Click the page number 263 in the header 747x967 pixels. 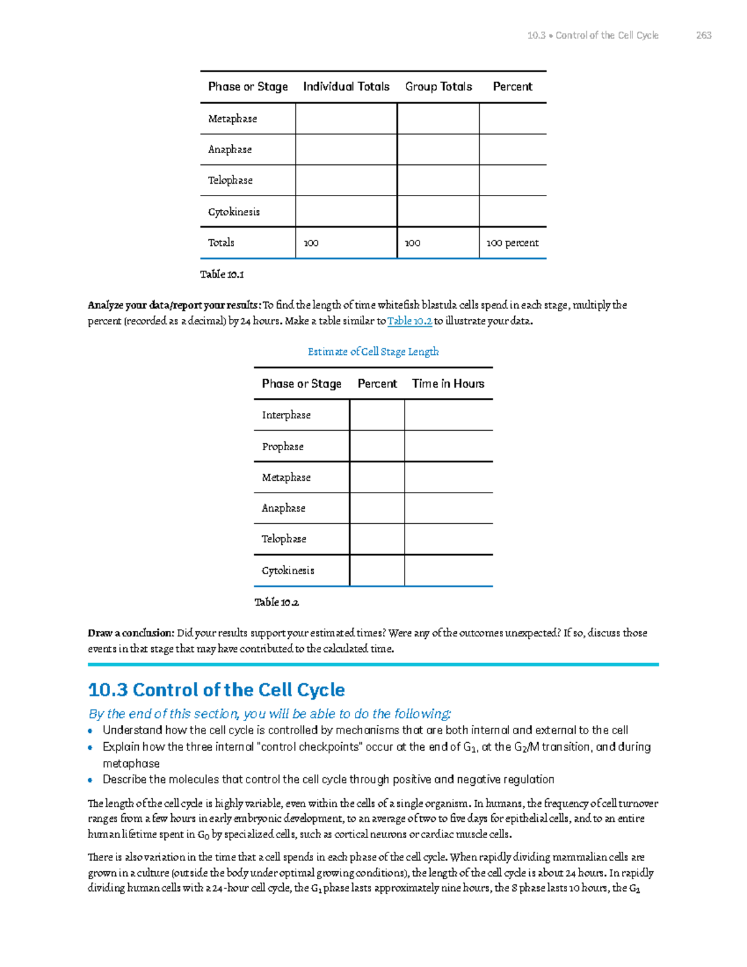tap(703, 35)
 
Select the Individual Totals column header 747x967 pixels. tap(346, 87)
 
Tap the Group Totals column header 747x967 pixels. tap(438, 87)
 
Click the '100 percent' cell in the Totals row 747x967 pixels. tap(512, 243)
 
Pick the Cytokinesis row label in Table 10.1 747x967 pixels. tap(234, 212)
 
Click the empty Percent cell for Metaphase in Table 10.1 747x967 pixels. tap(512, 118)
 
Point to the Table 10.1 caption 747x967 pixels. tap(222, 274)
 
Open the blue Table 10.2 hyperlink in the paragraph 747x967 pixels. tap(409, 321)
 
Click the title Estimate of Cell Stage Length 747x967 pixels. tap(373, 352)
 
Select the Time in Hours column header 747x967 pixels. tap(448, 384)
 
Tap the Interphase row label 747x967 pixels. tap(286, 415)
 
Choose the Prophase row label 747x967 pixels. tap(283, 446)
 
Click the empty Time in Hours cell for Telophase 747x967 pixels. tap(448, 539)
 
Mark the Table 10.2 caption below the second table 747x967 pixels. tap(276, 602)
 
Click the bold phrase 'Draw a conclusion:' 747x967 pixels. tap(131, 633)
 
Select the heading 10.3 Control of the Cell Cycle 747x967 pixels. tap(216, 690)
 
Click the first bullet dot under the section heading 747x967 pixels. tap(91, 731)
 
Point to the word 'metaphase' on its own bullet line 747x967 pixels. tap(131, 763)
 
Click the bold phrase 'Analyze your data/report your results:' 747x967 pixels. tap(174, 305)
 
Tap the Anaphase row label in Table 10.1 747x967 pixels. tap(230, 149)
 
